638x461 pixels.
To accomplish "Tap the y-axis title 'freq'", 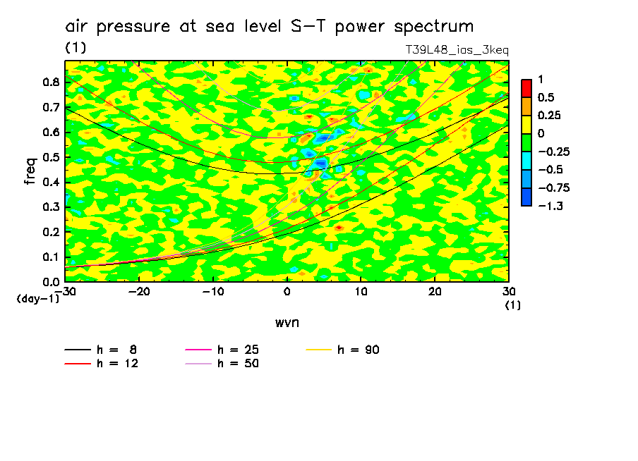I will pos(30,171).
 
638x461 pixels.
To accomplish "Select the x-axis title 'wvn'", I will pos(287,322).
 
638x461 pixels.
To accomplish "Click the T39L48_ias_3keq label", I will pos(457,50).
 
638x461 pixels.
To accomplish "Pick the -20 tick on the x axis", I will pos(139,292).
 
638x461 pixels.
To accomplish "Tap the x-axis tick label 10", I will pos(361,292).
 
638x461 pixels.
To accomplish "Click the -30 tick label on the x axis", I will pos(64,292).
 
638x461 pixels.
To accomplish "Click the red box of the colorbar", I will pos(526,87).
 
